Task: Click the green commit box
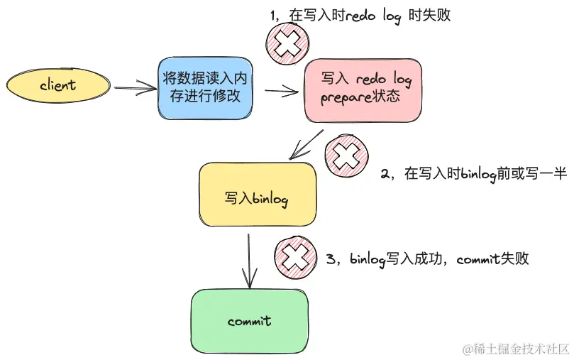pyautogui.click(x=250, y=322)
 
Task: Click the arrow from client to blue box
pyautogui.click(x=135, y=88)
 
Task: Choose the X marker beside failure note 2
pyautogui.click(x=346, y=155)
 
